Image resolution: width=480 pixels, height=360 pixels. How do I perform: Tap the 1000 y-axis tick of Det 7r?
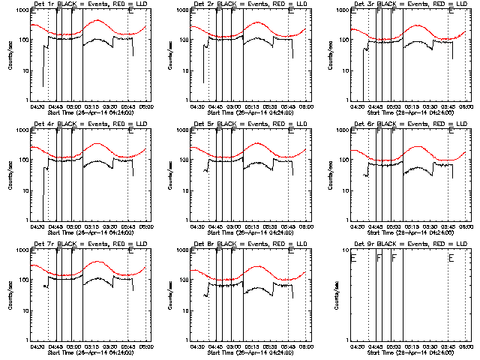[x=21, y=250]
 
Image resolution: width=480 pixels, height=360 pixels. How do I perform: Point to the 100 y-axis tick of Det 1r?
[x=22, y=40]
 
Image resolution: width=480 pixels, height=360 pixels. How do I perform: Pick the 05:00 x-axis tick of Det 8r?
[x=234, y=346]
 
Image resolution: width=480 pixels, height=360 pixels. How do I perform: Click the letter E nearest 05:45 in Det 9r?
[x=451, y=258]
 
